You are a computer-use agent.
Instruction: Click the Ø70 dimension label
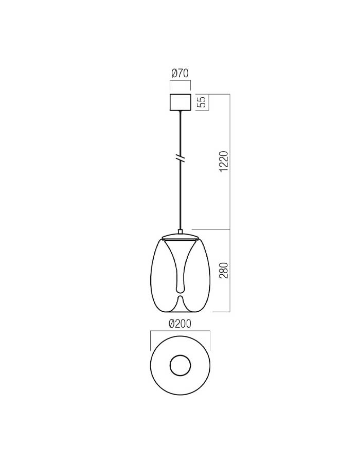tap(180, 73)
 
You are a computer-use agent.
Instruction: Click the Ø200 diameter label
tap(180, 324)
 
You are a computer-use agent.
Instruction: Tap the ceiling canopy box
tap(181, 102)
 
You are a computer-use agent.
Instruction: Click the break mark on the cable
tap(181, 158)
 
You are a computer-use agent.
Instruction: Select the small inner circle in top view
tap(181, 366)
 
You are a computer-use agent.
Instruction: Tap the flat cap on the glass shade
tap(181, 237)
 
